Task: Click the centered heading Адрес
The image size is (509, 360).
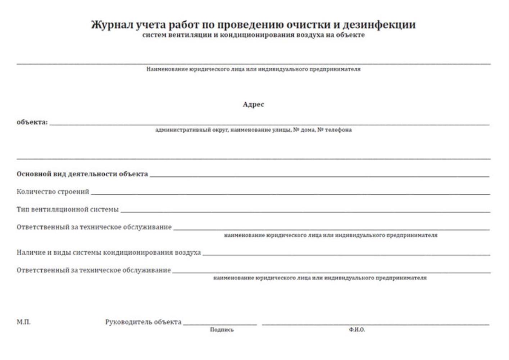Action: [x=253, y=104]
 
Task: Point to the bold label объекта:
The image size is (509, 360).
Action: [x=32, y=122]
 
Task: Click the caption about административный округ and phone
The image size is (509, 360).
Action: [x=253, y=130]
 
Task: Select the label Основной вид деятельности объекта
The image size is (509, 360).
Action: [x=82, y=174]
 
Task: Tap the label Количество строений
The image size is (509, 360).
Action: [x=53, y=192]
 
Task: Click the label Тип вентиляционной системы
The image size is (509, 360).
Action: [x=67, y=209]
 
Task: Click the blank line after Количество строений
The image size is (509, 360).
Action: [x=290, y=194]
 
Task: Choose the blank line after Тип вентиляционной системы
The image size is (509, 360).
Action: [x=305, y=212]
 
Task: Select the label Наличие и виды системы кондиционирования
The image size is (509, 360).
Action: [x=108, y=252]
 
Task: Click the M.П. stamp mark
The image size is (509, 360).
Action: [x=23, y=322]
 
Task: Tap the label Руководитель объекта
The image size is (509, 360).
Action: [x=143, y=322]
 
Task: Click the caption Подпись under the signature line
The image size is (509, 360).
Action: [x=222, y=330]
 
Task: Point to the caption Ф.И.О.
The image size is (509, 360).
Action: [x=356, y=330]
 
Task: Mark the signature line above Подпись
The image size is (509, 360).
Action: [x=220, y=325]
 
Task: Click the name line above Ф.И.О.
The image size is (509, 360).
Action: [x=375, y=325]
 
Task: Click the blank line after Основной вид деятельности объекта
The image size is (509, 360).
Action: [x=319, y=176]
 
